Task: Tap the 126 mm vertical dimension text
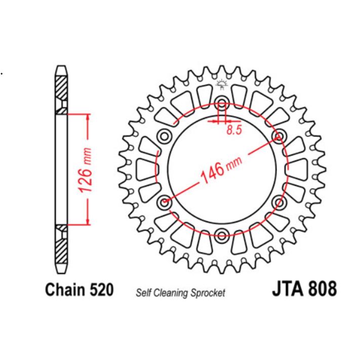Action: tap(85, 170)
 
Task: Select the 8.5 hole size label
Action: tap(234, 130)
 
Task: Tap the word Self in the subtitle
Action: tap(143, 293)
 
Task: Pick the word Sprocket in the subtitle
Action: tap(208, 293)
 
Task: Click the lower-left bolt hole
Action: tap(164, 202)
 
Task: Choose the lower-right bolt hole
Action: tap(278, 202)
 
